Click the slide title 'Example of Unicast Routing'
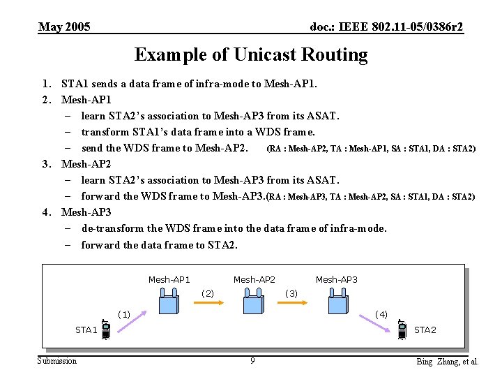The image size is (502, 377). coord(251,54)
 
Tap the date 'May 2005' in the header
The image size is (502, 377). coord(64,27)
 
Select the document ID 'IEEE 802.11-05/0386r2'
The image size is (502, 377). coord(386,27)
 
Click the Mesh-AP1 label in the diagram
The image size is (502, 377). coord(169,280)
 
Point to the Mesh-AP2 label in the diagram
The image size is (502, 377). coord(254,280)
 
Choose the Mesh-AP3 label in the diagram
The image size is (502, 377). coord(336,280)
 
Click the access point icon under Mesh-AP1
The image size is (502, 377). coord(169,303)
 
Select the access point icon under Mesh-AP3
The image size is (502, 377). coord(337,303)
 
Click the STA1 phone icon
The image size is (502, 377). coord(105,330)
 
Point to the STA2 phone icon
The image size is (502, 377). coord(402,330)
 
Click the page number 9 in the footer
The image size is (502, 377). coord(252,361)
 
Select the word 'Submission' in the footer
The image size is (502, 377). coord(57,361)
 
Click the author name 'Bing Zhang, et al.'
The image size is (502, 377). coord(447,362)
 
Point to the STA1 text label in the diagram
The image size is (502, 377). coord(86,330)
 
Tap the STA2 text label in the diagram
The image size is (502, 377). coord(425,330)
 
